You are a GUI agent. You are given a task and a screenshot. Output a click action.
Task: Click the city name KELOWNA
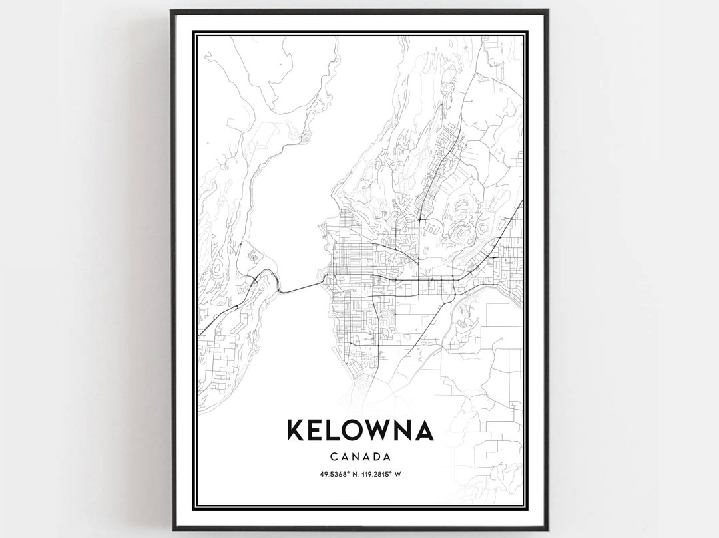359,430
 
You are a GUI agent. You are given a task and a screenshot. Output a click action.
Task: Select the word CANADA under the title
359,457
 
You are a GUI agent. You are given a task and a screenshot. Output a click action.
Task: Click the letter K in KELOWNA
296,430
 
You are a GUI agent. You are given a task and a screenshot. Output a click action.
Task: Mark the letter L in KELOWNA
330,430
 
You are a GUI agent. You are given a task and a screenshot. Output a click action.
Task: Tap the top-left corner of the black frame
172,11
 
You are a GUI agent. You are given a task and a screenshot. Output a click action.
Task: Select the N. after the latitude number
352,474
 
